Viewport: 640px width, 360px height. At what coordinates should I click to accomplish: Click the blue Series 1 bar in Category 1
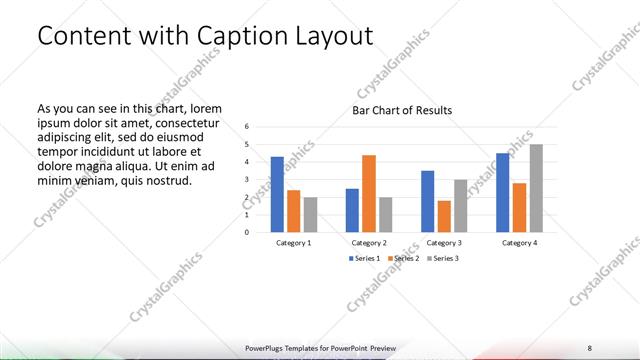(277, 194)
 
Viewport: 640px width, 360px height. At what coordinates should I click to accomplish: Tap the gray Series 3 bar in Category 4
(536, 188)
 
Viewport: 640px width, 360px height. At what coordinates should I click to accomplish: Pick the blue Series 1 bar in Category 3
(428, 201)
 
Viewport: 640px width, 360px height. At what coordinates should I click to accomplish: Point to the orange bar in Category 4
(520, 207)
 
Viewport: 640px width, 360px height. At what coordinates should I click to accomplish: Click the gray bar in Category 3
(460, 205)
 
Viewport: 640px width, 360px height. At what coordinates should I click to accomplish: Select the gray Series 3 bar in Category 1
(310, 214)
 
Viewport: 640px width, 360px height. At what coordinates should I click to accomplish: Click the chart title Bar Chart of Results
(401, 110)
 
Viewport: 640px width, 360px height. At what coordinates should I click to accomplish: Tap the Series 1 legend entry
(364, 258)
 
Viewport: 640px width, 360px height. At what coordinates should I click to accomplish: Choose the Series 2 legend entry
(402, 258)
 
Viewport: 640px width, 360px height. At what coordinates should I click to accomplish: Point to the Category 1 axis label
(293, 242)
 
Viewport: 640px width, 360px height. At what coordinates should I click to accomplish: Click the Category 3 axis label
(444, 242)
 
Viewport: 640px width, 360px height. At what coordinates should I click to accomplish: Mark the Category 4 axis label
(520, 242)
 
